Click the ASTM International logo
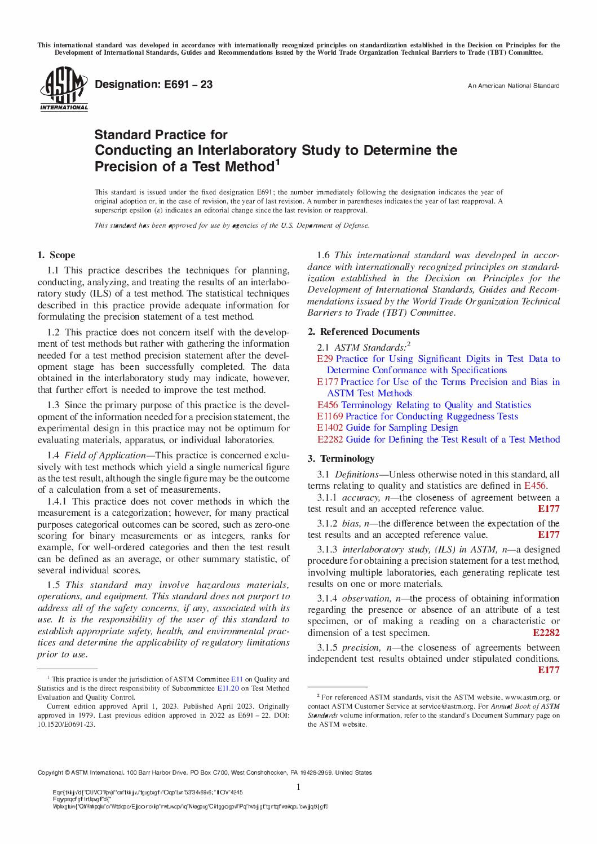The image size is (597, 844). tap(64, 89)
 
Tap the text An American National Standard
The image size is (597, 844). tap(513, 86)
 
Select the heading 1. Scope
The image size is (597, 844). tap(56, 255)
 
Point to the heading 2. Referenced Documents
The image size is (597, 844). tap(364, 332)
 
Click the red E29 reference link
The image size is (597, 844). tap(325, 359)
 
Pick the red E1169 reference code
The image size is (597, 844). tap(330, 416)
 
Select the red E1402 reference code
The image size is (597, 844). tap(330, 427)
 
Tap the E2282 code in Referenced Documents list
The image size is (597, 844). tap(330, 439)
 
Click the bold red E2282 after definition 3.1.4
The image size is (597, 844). tap(546, 633)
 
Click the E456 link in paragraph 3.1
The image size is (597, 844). tap(534, 485)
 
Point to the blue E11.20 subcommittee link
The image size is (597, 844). tap(228, 688)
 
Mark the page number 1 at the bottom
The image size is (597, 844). tap(298, 787)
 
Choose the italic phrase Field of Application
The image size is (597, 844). tap(105, 455)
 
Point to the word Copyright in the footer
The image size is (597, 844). tap(50, 772)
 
